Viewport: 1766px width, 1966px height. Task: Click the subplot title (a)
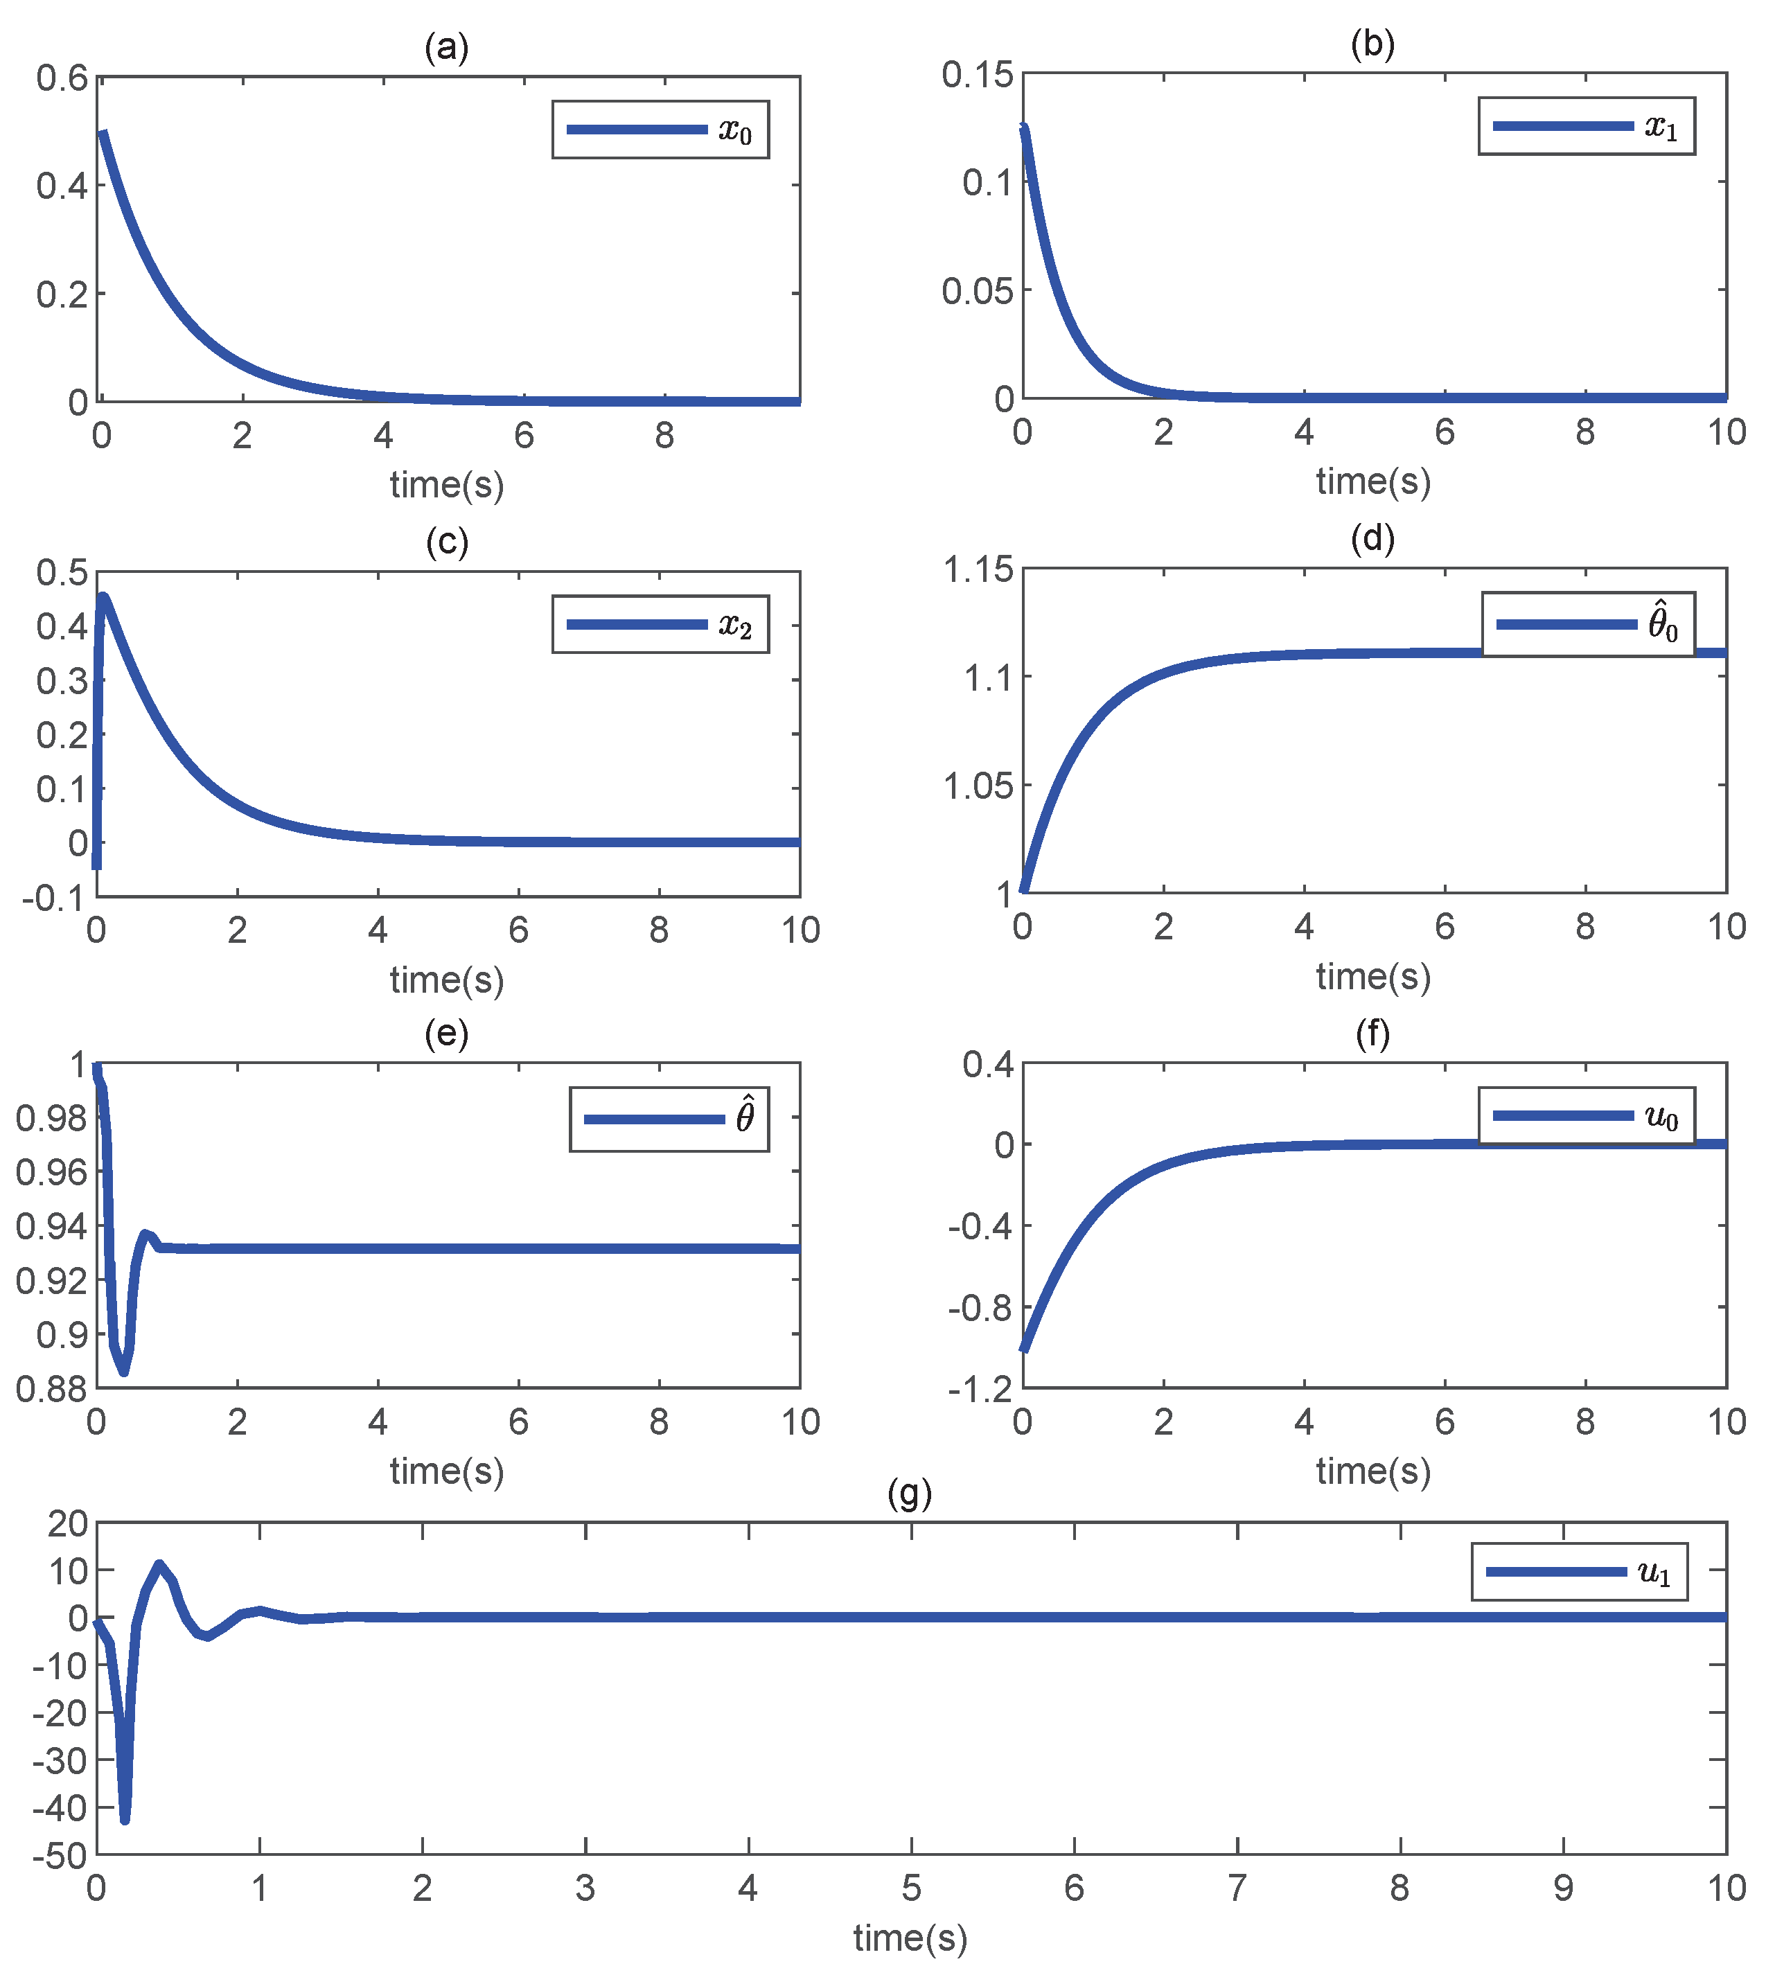(x=446, y=46)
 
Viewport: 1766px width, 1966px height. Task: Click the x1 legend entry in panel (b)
(x=1587, y=126)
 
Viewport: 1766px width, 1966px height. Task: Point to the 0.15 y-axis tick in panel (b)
(x=977, y=73)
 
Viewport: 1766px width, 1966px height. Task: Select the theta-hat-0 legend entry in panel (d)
(x=1589, y=624)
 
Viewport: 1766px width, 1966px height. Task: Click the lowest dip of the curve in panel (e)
(x=123, y=1371)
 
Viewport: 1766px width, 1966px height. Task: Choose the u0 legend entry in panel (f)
(x=1587, y=1116)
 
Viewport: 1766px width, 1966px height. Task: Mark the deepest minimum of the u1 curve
(x=124, y=1821)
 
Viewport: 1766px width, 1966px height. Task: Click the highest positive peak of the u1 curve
(x=159, y=1564)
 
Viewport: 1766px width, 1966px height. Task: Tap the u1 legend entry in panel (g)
(x=1579, y=1572)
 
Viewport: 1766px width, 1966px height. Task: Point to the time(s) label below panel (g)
(x=910, y=1937)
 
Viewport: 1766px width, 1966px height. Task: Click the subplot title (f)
(x=1372, y=1034)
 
